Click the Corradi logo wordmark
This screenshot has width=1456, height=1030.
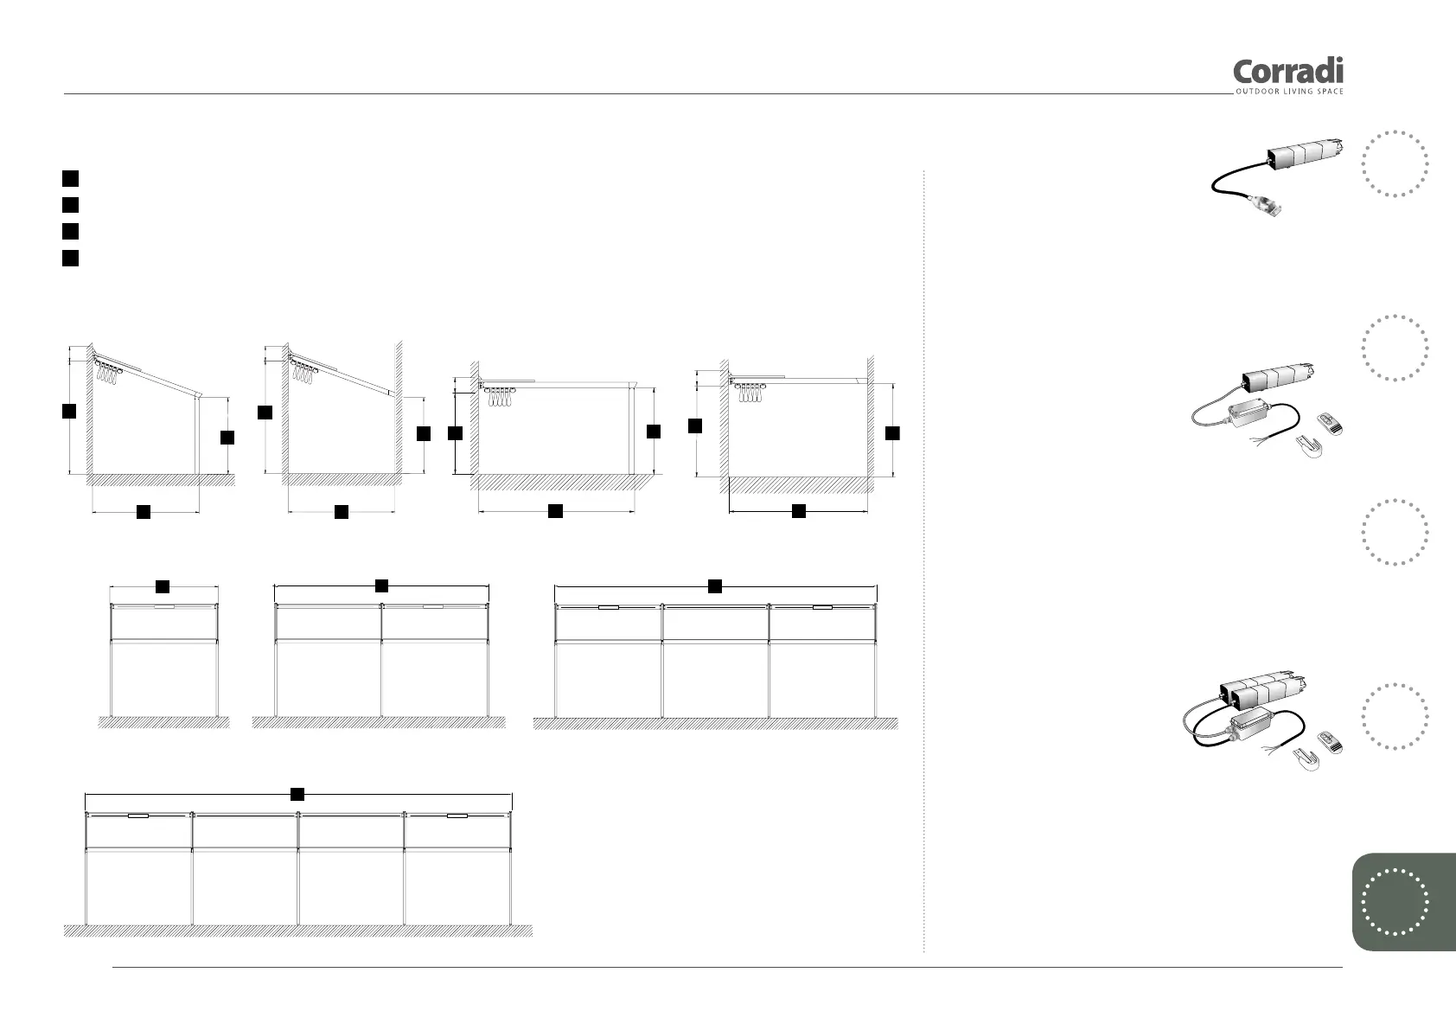coord(1287,72)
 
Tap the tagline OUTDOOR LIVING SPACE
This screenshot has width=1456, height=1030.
coord(1289,92)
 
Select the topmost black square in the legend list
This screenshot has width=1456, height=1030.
coord(71,179)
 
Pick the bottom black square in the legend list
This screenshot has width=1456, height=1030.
coord(71,258)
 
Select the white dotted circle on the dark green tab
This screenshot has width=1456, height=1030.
coord(1395,902)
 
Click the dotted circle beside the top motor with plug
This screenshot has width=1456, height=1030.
coord(1395,163)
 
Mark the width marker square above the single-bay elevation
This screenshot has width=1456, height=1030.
coord(163,586)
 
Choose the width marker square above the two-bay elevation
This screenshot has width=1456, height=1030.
coord(381,586)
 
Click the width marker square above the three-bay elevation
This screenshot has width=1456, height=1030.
coord(715,586)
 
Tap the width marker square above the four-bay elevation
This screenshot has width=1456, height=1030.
coord(297,793)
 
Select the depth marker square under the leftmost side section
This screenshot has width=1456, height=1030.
coord(144,512)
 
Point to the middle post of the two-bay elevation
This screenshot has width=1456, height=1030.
coord(381,661)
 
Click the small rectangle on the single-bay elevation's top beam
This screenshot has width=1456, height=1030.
coord(164,608)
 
